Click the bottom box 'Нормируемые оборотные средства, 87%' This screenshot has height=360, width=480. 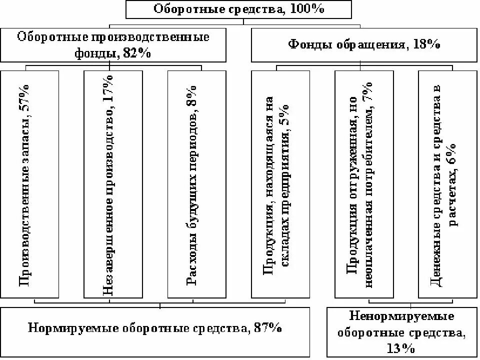(155, 328)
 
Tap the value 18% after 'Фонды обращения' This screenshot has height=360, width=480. (426, 45)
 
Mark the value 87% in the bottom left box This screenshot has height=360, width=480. (267, 328)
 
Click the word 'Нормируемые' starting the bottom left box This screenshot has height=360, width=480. (64, 328)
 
